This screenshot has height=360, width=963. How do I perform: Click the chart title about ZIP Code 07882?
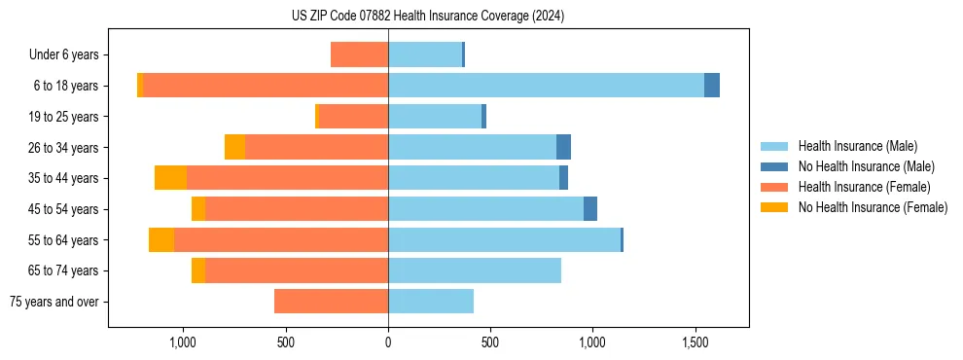428,17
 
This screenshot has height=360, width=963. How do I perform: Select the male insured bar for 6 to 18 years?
546,86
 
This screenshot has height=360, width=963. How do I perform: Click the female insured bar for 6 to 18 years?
266,86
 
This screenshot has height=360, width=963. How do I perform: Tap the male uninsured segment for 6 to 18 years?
712,86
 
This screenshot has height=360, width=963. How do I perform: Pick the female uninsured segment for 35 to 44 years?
170,178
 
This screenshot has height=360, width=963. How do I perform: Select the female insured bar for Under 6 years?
359,54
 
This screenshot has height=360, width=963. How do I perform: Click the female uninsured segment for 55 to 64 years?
161,240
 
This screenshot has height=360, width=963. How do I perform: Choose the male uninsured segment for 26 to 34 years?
563,147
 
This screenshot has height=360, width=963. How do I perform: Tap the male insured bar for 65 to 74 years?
475,270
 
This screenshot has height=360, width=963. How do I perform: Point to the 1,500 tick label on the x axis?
695,342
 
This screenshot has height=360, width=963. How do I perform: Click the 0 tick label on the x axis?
388,342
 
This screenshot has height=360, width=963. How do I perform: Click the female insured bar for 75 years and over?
331,302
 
